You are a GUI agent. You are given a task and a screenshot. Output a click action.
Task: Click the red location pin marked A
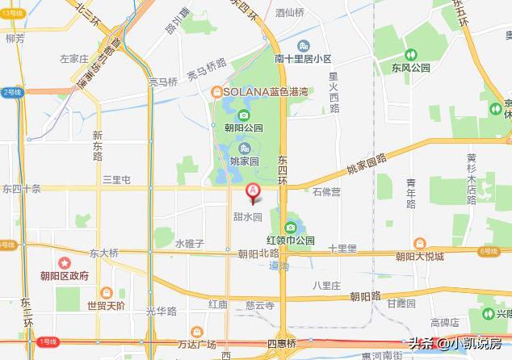click(252, 193)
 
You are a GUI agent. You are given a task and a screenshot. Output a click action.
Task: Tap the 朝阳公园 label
click(244, 128)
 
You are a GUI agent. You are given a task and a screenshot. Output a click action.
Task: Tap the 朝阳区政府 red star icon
click(64, 262)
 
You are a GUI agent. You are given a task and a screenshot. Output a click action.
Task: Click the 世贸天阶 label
click(106, 305)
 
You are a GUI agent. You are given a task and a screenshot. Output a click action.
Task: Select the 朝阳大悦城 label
click(419, 257)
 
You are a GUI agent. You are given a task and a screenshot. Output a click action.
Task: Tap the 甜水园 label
click(248, 216)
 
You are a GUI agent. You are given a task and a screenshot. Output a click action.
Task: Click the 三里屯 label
click(116, 180)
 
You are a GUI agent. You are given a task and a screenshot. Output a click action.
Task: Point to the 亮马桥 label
click(162, 82)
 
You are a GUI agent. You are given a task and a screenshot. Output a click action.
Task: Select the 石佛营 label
click(325, 192)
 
